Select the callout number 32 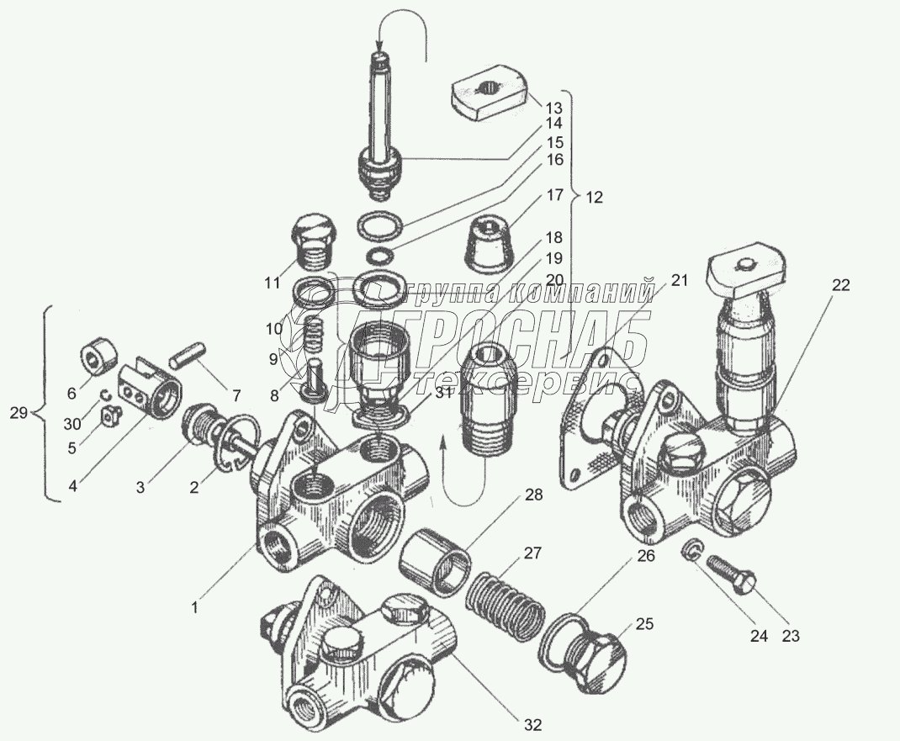tap(532, 723)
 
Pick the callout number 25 tap(643, 624)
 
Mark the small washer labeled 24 tap(688, 550)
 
